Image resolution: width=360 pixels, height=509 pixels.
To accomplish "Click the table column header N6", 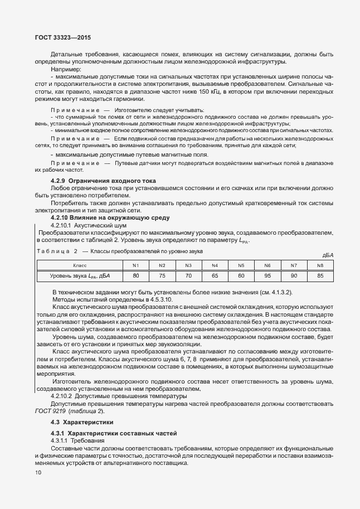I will (x=267, y=265).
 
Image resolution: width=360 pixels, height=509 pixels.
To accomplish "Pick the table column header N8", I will (x=320, y=265).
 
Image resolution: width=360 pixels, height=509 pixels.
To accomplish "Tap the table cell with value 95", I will (x=267, y=275).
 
